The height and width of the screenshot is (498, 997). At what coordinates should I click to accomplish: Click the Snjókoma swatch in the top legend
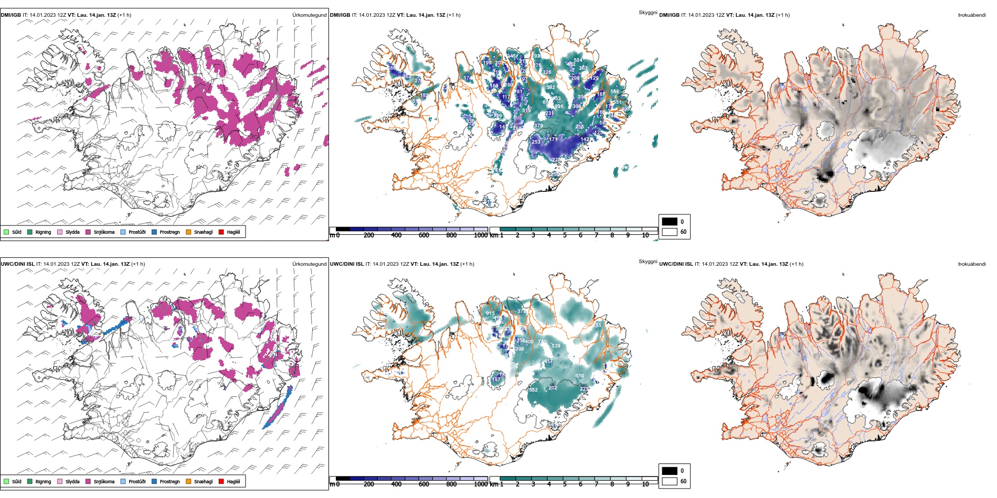coord(88,232)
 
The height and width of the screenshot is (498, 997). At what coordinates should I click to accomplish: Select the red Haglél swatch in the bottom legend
coord(221,481)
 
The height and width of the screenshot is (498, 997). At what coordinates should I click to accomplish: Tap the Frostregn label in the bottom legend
coord(169,481)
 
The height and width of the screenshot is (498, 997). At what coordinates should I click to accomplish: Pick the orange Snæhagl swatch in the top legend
coord(188,232)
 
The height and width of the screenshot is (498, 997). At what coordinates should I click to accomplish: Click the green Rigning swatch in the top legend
coord(30,232)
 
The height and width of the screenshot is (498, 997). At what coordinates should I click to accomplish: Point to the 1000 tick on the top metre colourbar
coord(481,235)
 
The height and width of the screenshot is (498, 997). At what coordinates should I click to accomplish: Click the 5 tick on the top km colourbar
coord(565,235)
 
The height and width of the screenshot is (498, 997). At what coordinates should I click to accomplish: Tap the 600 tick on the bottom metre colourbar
coord(424,484)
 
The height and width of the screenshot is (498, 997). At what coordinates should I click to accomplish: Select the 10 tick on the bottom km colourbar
coord(645,484)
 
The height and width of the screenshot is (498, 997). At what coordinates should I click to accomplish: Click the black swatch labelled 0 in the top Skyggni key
coord(670,222)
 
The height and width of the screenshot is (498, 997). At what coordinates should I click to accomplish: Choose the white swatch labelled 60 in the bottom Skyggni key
coord(670,481)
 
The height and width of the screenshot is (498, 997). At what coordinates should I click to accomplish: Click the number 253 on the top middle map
coord(536,142)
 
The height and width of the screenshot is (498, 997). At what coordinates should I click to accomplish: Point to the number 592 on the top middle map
coord(550,88)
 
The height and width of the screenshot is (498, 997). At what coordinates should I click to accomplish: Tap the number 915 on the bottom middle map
coord(490,313)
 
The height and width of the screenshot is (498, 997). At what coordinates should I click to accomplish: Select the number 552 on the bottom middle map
coord(533,390)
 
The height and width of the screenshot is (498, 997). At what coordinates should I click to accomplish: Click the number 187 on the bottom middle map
coord(496,380)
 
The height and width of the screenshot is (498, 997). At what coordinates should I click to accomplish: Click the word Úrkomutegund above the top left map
coord(310,15)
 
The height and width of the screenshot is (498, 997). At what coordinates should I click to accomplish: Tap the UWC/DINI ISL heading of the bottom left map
coord(17,264)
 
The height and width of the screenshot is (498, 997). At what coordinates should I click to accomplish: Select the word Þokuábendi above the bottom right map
coord(972,264)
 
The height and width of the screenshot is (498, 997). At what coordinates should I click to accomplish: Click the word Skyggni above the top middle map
coord(648,13)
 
